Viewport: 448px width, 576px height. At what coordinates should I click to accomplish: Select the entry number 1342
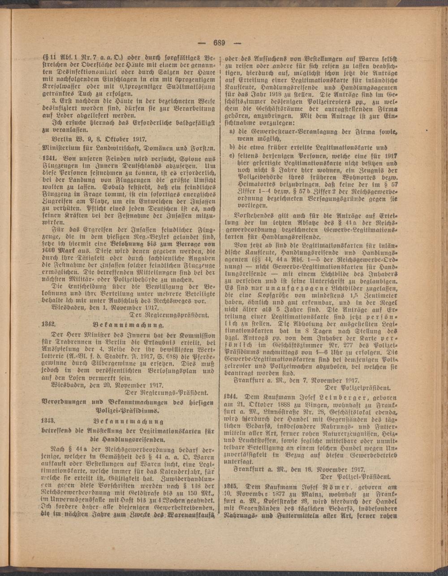click(x=47, y=324)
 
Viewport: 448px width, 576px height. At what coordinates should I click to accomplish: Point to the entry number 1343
click(x=47, y=421)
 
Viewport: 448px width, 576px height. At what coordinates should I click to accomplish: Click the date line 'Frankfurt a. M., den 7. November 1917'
click(x=298, y=379)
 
